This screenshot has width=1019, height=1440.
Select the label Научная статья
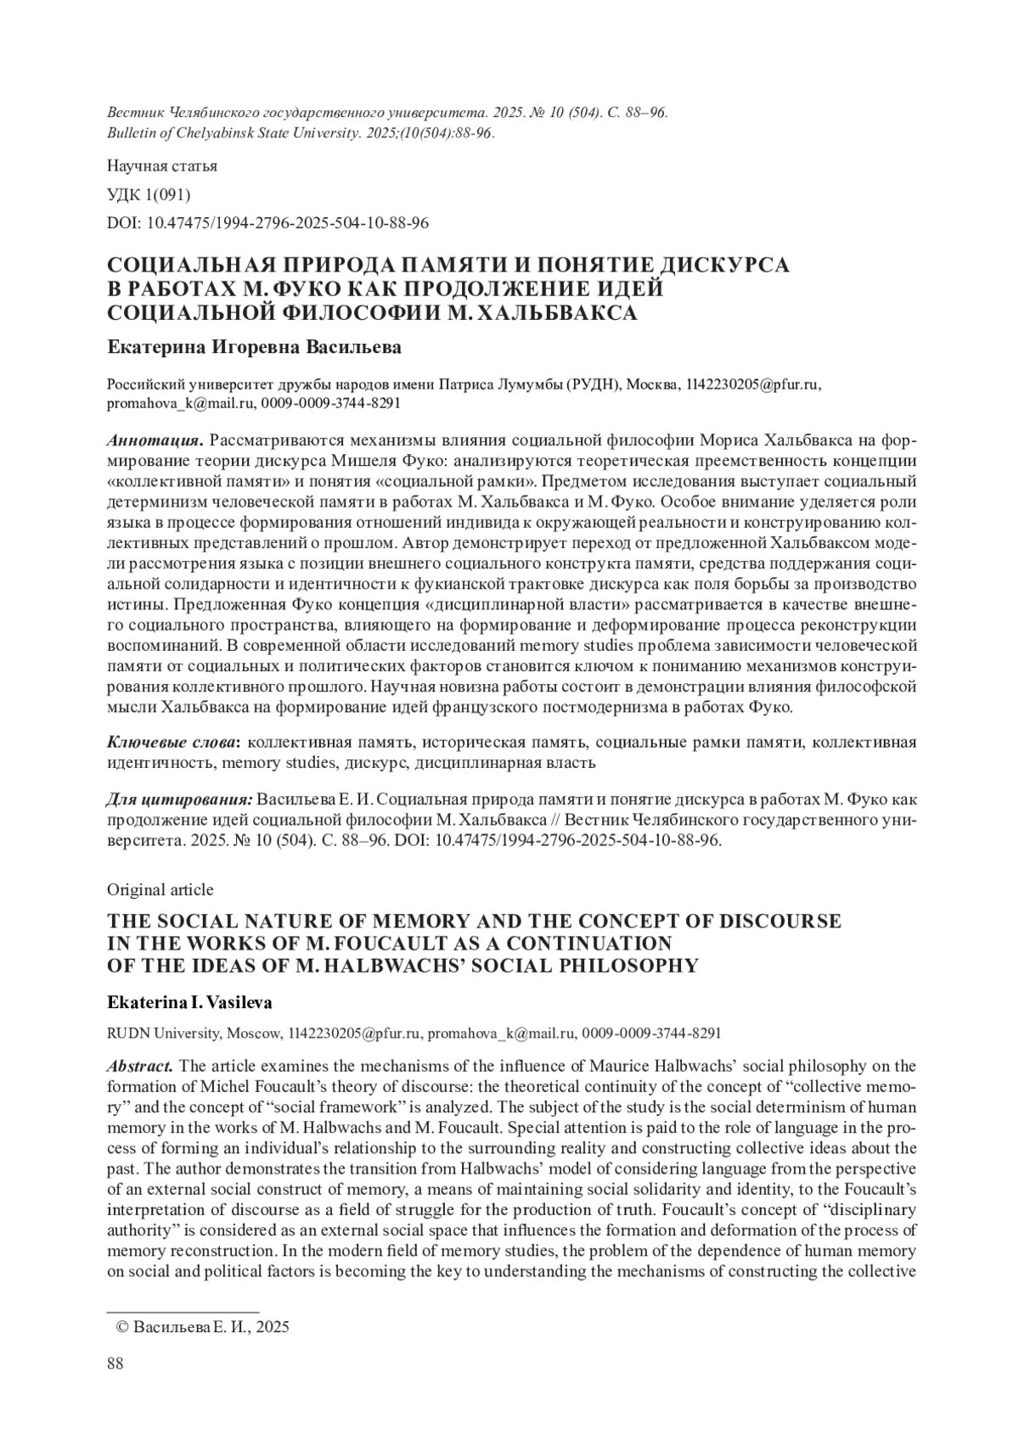[161, 165]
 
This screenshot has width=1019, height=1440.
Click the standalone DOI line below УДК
[267, 223]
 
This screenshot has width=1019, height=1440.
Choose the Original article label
[160, 889]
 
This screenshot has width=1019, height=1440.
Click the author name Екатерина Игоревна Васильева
[255, 348]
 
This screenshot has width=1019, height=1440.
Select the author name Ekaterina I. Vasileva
[189, 1002]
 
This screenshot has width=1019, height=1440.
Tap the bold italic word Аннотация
[154, 441]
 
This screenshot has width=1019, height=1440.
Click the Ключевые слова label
[173, 742]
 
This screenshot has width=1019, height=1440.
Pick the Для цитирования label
[180, 800]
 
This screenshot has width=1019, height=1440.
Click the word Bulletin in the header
[132, 133]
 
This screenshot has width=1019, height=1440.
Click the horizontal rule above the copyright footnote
[182, 1310]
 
